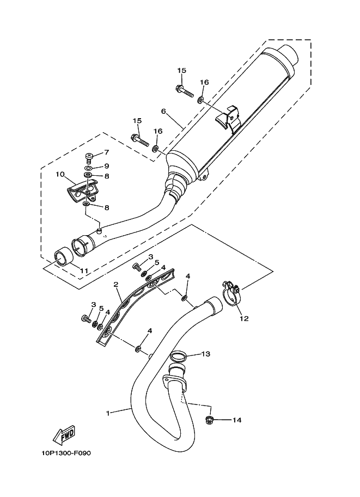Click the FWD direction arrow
point(63,434)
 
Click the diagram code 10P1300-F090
point(66,453)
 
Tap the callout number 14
point(236,420)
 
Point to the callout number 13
point(206,354)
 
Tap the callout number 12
point(244,318)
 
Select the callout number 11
point(84,271)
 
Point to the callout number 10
point(60,174)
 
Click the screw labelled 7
point(89,157)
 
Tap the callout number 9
point(107,166)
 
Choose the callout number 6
point(164,111)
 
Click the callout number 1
point(108,413)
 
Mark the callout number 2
point(116,284)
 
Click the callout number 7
point(107,152)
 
